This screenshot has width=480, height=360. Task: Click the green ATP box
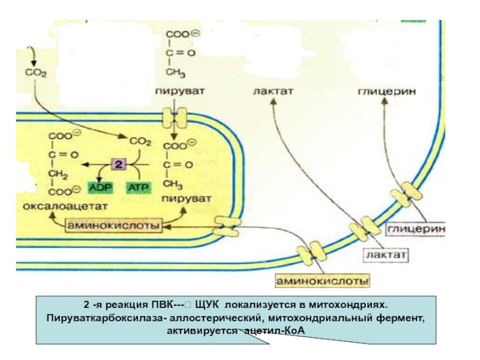click(135, 187)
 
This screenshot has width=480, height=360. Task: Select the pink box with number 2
click(119, 164)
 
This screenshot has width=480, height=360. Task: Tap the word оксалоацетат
click(56, 206)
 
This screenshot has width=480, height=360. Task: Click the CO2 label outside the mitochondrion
click(35, 72)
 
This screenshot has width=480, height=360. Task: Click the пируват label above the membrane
click(179, 92)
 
